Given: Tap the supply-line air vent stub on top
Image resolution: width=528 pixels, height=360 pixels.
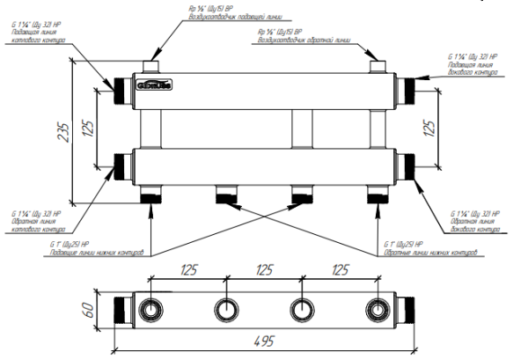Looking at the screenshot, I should pos(153,67).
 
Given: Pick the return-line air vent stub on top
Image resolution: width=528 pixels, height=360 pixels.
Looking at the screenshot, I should pos(377,67).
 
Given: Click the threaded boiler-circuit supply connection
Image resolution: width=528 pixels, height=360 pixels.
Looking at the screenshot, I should pos(118,87).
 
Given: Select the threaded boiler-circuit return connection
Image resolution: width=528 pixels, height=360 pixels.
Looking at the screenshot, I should pos(118,165).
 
